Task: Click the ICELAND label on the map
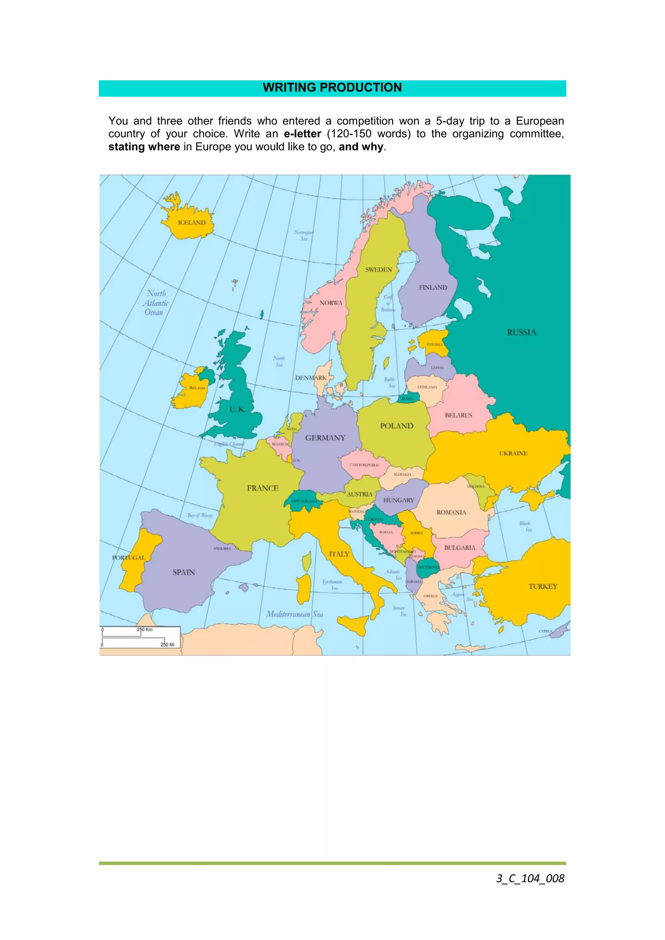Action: [x=191, y=223]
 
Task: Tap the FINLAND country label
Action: [x=433, y=287]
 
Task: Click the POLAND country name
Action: [x=397, y=426]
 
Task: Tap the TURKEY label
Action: [x=543, y=586]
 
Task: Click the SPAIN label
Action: [x=183, y=572]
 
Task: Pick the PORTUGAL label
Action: [x=129, y=558]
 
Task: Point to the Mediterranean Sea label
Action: [x=295, y=614]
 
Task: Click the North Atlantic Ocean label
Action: [x=156, y=303]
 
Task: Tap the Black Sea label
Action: [x=525, y=526]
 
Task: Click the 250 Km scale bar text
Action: [x=144, y=630]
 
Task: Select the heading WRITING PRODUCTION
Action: [x=332, y=88]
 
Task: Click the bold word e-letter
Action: [x=302, y=134]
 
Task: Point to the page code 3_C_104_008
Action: [x=530, y=879]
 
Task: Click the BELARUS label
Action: [x=458, y=415]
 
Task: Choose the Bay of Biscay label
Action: [x=200, y=515]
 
